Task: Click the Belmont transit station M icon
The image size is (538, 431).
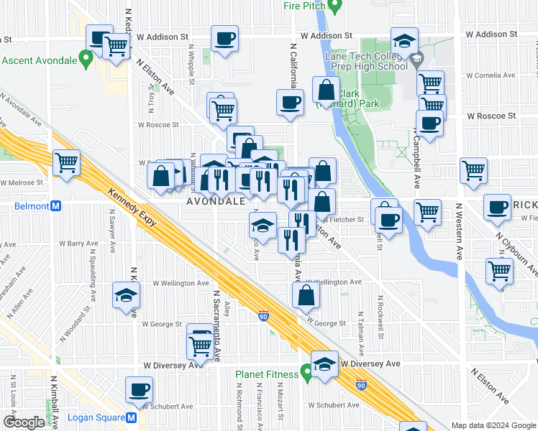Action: [x=57, y=205]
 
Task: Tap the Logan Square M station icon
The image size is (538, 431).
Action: [x=132, y=417]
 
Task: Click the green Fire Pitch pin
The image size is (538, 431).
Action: [x=334, y=6]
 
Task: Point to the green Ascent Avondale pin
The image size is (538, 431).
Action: [x=86, y=58]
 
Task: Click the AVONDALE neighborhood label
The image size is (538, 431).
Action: [x=216, y=202]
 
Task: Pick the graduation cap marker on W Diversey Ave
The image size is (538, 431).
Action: [x=324, y=363]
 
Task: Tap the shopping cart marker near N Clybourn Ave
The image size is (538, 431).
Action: [x=500, y=272]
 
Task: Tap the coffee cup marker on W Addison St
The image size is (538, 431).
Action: [x=224, y=39]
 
